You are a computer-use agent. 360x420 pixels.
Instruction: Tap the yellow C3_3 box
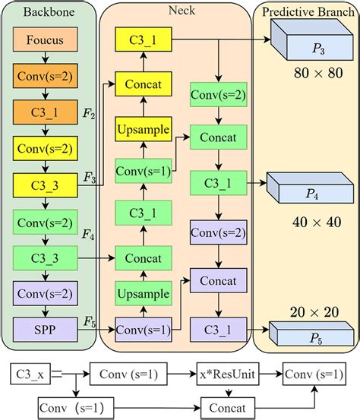(44, 184)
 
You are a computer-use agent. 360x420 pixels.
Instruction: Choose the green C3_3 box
(44, 257)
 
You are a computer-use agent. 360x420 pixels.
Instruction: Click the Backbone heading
(44, 12)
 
